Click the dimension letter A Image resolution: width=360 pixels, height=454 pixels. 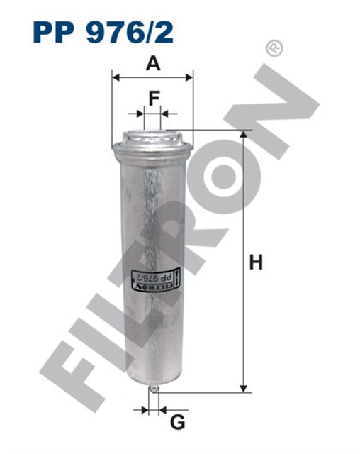coord(152,64)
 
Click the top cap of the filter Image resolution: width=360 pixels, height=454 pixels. coord(152,136)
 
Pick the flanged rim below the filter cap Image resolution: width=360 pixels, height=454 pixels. coord(152,149)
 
